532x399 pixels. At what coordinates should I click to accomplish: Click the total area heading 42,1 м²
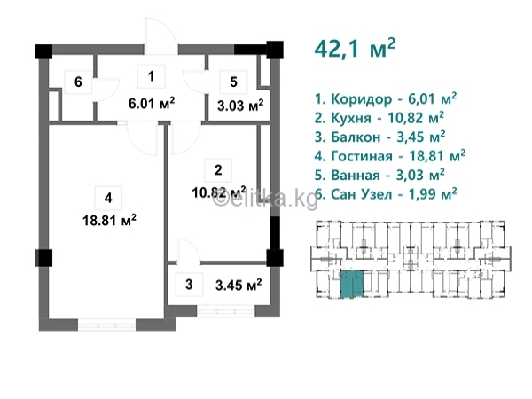(355, 50)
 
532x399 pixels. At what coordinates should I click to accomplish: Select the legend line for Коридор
(386, 99)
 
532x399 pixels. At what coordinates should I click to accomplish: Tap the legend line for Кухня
(379, 118)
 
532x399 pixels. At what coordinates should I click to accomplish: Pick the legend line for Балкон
(380, 137)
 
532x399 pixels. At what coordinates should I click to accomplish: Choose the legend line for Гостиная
(390, 156)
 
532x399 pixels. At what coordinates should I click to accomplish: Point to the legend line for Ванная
(379, 175)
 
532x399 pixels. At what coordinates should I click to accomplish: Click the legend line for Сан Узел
(386, 194)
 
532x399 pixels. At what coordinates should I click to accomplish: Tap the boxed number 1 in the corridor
(151, 76)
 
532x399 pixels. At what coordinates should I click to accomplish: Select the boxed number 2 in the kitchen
(218, 170)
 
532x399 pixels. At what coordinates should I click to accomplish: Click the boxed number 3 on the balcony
(189, 285)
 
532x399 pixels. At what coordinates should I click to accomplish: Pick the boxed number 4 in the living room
(108, 198)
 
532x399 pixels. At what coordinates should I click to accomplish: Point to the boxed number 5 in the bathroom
(233, 82)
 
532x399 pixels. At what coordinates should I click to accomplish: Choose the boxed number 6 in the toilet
(78, 82)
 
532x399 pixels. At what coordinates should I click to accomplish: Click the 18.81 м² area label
(109, 221)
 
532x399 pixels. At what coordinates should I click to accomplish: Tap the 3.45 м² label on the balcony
(239, 285)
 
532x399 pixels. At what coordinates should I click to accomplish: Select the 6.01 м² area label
(152, 103)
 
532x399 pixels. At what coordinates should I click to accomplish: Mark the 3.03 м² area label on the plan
(240, 106)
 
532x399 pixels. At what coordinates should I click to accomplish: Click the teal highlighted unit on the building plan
(352, 285)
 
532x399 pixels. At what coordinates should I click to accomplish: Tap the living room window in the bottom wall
(107, 325)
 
